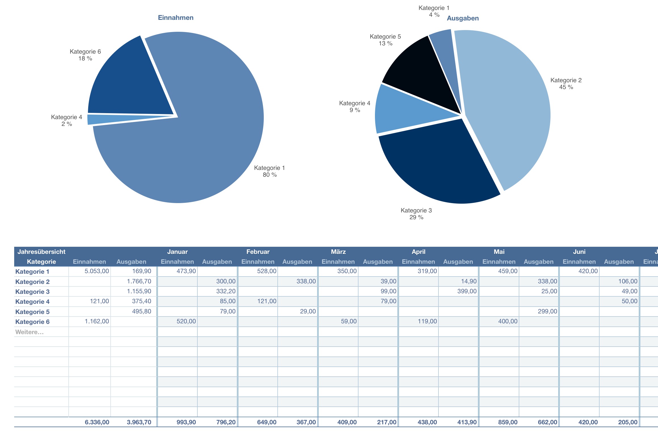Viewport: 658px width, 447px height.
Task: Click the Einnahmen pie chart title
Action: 176,18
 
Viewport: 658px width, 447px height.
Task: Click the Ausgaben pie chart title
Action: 463,18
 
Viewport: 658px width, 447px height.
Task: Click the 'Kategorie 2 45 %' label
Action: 566,84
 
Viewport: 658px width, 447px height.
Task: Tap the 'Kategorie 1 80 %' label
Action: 269,171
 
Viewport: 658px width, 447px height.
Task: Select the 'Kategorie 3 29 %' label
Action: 416,214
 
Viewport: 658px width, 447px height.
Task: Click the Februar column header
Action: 258,252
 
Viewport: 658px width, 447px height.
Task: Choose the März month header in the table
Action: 338,252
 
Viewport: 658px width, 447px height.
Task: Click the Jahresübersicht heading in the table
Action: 41,252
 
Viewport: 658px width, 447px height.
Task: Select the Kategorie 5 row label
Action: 32,312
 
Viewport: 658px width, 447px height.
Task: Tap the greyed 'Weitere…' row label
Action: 29,332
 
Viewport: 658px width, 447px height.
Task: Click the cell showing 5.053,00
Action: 96,271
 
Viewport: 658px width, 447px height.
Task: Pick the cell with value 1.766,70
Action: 139,281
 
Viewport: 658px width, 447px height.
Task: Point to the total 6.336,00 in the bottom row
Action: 97,422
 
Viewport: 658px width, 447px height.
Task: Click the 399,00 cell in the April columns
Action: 467,291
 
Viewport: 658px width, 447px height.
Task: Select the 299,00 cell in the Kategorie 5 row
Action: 547,311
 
